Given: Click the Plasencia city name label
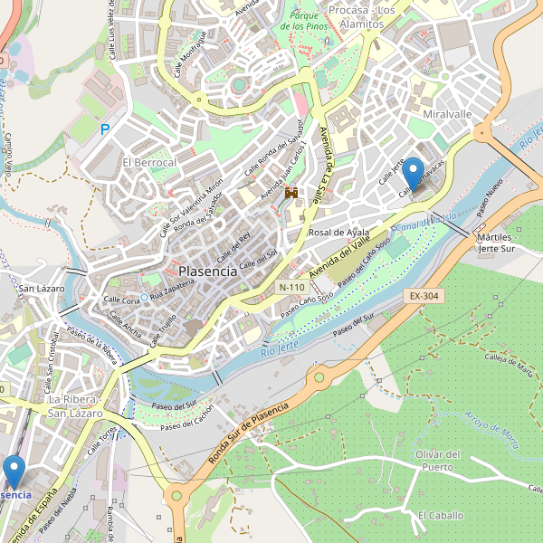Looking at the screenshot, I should [x=208, y=271].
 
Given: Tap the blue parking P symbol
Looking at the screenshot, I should [x=105, y=130].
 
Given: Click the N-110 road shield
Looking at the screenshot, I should [x=291, y=287].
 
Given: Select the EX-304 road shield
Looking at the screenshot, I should [x=423, y=296].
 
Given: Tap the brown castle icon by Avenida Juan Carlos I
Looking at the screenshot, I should [x=291, y=193].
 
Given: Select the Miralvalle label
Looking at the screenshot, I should [x=447, y=115].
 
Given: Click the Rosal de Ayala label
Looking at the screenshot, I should [x=339, y=233].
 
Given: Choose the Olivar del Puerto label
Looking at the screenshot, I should [x=438, y=460].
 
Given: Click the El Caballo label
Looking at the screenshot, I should [x=440, y=515].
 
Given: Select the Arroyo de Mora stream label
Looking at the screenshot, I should [x=492, y=430].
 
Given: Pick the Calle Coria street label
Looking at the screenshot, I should [x=120, y=299].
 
